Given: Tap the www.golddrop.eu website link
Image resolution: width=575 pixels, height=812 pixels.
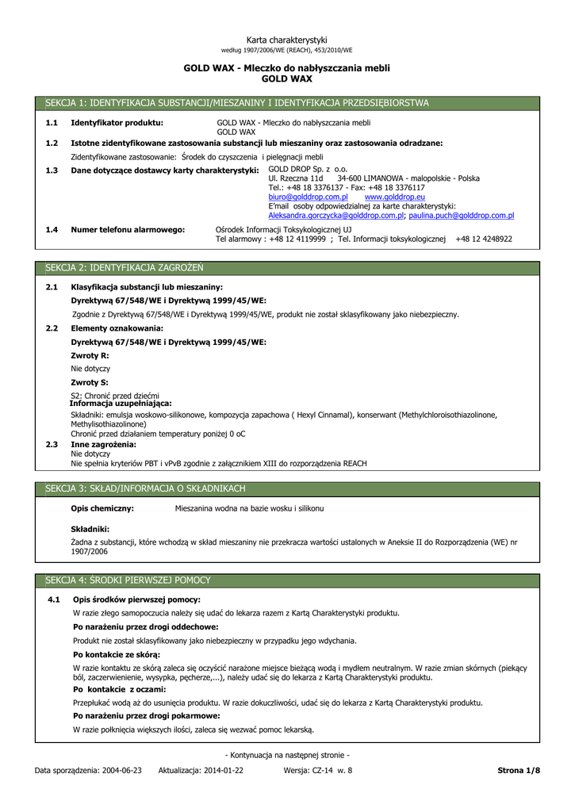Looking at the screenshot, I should point(384,197).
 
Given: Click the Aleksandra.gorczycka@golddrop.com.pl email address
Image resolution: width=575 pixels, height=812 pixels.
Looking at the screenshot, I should point(337,215).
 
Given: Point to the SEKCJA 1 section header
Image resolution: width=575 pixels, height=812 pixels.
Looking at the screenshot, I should point(236,103).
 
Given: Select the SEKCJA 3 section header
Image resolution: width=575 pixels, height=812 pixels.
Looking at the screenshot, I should point(145,488).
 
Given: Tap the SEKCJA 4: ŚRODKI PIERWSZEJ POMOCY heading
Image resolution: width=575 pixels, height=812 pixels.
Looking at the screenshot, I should point(128,580).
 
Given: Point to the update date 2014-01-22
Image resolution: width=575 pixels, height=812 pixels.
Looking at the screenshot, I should point(223,770).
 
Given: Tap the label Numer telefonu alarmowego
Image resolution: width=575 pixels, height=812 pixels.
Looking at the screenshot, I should point(128,229).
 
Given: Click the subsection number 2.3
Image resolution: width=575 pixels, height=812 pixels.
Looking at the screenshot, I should point(52,445).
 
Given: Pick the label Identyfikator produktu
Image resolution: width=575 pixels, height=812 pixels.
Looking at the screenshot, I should point(117,123).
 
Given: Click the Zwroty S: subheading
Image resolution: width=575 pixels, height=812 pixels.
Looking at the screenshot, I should point(90,382).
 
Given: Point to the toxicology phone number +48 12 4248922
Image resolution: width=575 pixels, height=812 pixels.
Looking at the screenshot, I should point(484,239).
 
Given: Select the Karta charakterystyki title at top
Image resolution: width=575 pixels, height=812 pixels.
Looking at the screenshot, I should point(287,40).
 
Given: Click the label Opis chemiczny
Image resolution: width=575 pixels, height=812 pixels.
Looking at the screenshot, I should point(102,507).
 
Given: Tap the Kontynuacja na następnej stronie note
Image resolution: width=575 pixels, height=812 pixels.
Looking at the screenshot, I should point(287,755).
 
